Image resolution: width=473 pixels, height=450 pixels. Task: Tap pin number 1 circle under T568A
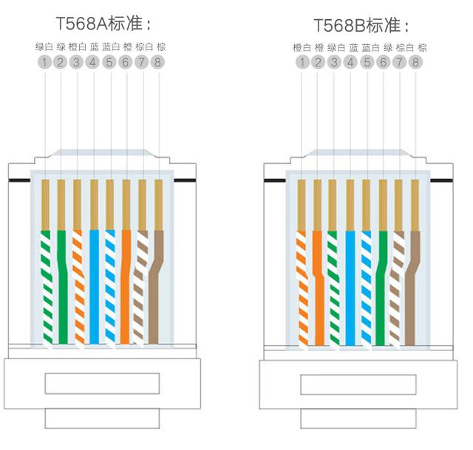(x=44, y=63)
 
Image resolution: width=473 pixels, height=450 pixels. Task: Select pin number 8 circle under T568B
(x=415, y=63)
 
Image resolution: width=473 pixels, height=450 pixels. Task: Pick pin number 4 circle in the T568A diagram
(x=92, y=63)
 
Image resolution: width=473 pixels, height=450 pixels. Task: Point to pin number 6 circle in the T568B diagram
(x=383, y=63)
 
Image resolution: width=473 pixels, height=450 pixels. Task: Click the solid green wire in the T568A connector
(x=62, y=287)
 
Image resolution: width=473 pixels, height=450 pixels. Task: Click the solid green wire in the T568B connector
(x=381, y=288)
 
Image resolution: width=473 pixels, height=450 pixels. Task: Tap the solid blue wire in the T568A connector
(x=94, y=287)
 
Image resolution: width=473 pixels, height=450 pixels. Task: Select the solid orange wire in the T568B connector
(x=319, y=288)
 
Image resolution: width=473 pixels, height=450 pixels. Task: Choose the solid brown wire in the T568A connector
(x=155, y=287)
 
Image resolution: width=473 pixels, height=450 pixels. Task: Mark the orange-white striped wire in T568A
(x=78, y=288)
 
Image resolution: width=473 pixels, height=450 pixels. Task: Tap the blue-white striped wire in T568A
(x=110, y=288)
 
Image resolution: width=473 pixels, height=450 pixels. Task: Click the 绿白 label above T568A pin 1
(x=44, y=47)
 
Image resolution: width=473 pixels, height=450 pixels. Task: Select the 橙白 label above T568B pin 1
(x=302, y=48)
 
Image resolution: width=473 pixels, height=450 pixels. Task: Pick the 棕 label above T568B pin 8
(x=422, y=48)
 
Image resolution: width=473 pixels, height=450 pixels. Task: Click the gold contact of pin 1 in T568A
(x=45, y=205)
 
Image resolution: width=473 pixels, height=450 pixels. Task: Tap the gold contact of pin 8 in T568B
(x=415, y=205)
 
